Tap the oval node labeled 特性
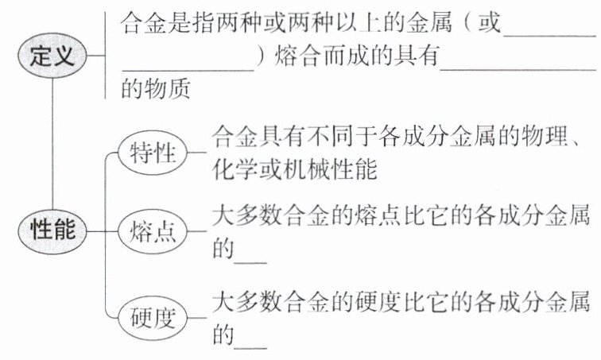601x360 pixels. pyautogui.click(x=152, y=153)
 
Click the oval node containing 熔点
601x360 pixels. pyautogui.click(x=152, y=232)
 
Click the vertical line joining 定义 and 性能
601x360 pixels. pyautogui.click(x=52, y=143)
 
